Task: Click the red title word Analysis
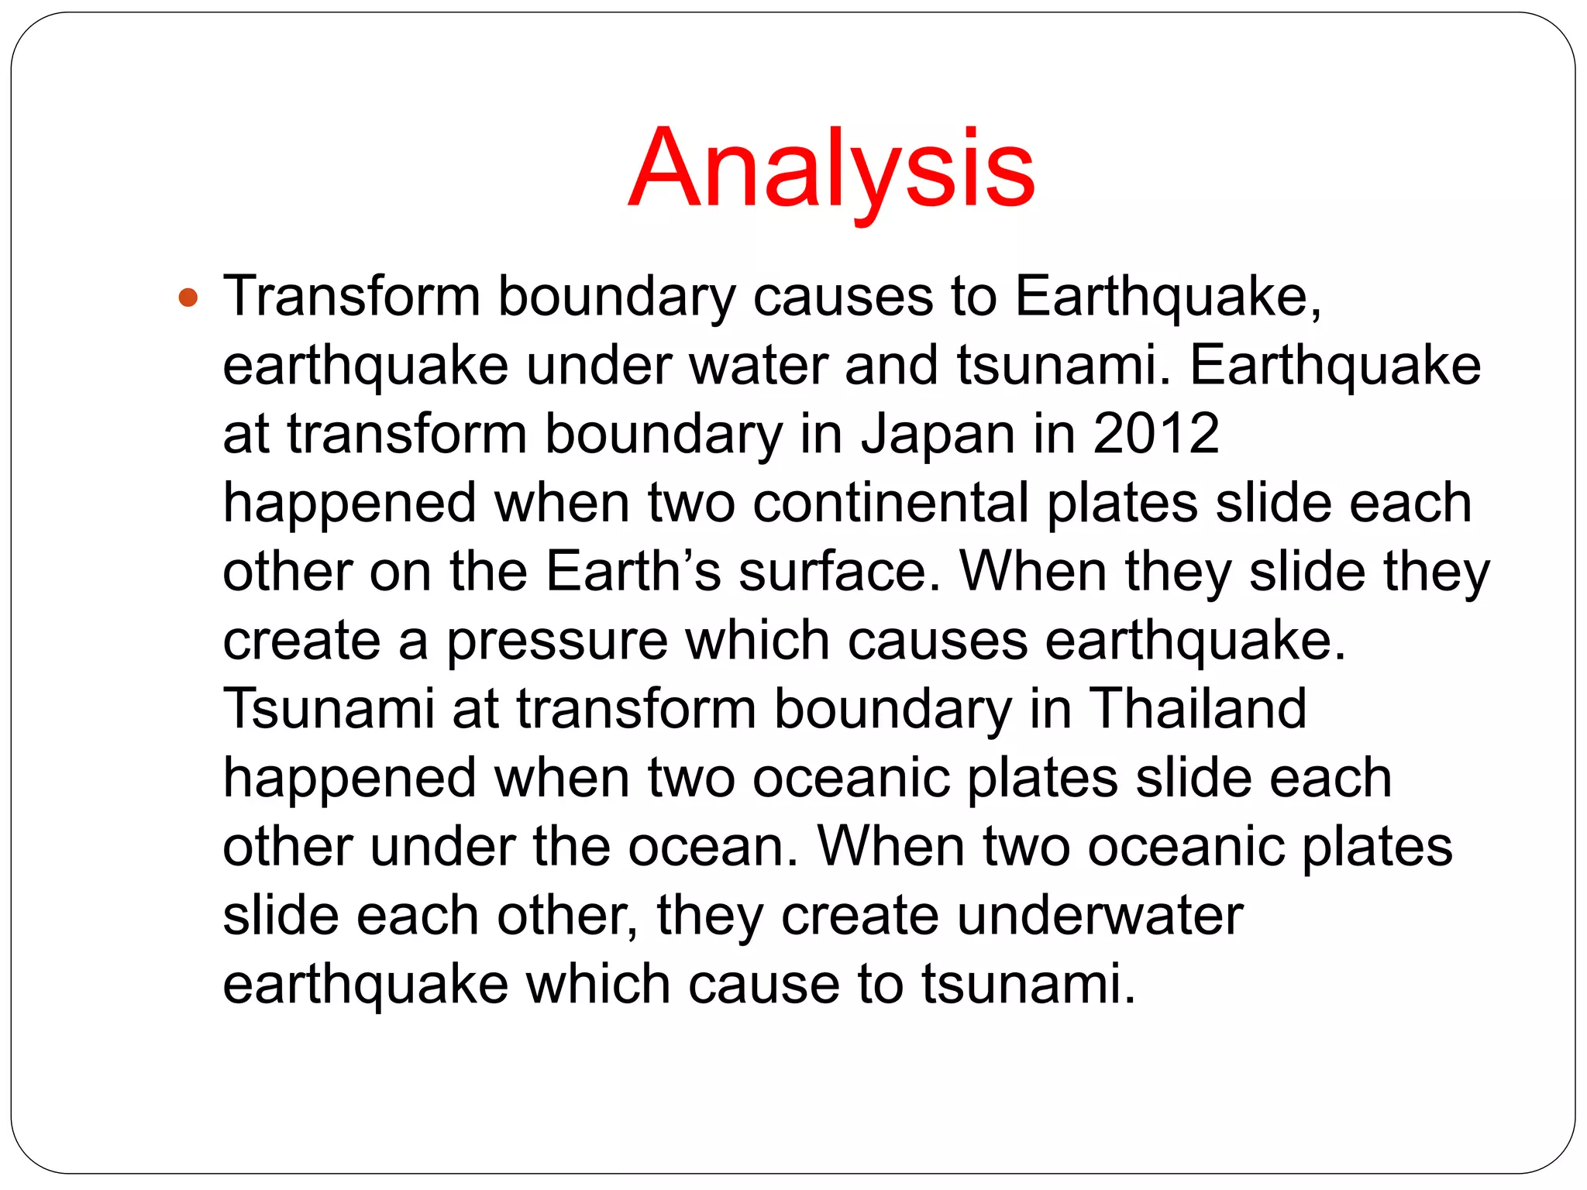click(831, 169)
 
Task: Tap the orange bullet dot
click(188, 297)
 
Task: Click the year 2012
click(1156, 434)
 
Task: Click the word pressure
click(556, 642)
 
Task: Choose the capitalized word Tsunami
click(329, 709)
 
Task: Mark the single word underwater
click(1100, 916)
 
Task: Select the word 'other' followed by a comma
click(567, 916)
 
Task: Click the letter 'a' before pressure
click(413, 642)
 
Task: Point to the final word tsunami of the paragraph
click(1028, 984)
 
